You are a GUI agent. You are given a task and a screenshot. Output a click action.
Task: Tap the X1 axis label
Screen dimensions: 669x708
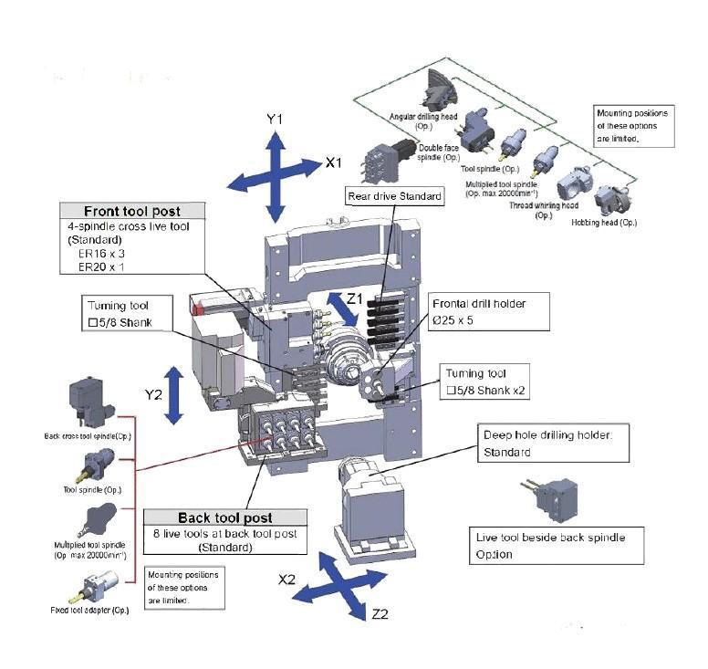pos(334,163)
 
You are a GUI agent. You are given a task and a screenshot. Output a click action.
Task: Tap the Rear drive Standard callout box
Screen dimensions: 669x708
pos(394,195)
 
